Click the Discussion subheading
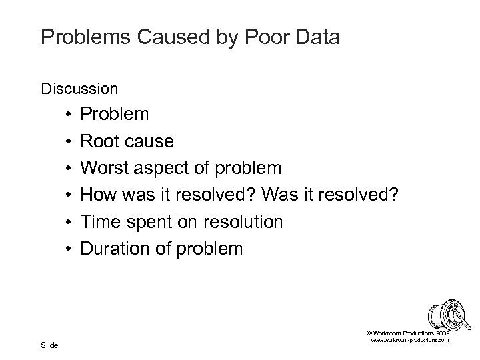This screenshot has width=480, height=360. point(79,88)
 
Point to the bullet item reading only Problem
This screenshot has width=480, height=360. point(114,115)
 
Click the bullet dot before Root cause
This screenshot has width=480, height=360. point(69,141)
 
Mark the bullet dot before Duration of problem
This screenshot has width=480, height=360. point(69,249)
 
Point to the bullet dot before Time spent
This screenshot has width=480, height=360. point(69,221)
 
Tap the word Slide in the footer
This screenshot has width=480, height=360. point(49,345)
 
